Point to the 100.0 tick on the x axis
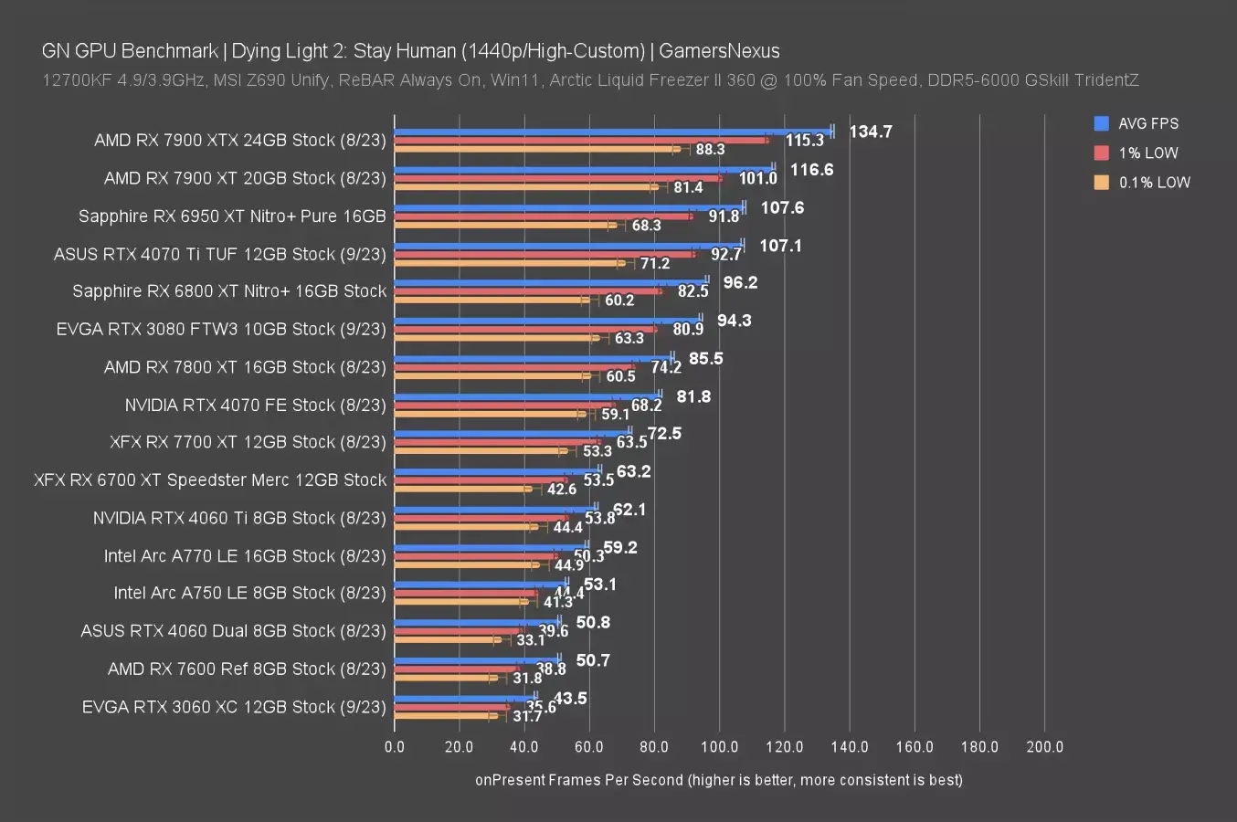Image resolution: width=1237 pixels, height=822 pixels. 719,746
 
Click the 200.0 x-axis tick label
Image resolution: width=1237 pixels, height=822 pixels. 1044,746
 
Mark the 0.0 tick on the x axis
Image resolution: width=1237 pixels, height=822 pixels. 395,746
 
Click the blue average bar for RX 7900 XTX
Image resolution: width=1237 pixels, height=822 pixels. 612,132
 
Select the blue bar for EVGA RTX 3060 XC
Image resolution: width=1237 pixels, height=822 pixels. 465,697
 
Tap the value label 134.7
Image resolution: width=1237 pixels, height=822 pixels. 870,132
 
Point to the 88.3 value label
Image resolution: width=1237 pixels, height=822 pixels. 710,149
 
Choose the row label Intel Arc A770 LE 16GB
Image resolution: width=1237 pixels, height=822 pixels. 245,555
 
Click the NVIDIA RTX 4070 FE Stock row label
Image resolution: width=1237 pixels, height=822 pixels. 255,405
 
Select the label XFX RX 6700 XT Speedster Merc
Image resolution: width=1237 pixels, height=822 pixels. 210,479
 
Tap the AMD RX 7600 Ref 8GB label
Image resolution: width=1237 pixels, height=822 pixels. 247,669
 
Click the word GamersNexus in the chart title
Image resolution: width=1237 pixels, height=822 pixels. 719,51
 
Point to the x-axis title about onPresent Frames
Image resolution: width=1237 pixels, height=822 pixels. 718,779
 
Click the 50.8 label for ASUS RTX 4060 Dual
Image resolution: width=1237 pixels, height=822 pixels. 593,622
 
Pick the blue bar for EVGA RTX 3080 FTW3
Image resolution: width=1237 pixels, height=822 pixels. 547,320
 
